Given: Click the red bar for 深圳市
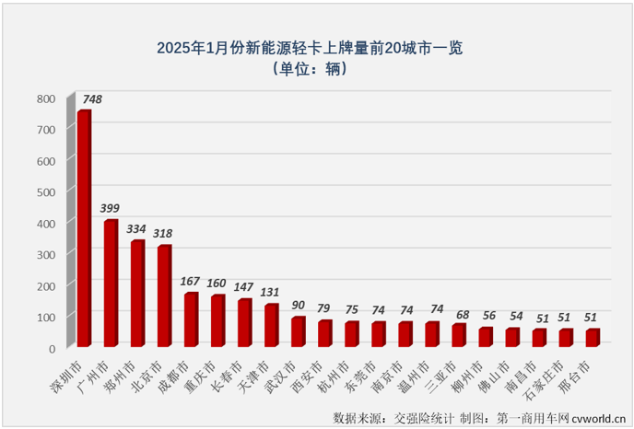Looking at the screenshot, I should pos(84,229).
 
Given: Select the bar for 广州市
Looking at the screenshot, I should pos(111,284).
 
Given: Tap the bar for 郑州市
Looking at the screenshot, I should pos(137,294).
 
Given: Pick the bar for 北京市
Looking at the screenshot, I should pos(164,296).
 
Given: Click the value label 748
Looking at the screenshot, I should pos(92,99).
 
